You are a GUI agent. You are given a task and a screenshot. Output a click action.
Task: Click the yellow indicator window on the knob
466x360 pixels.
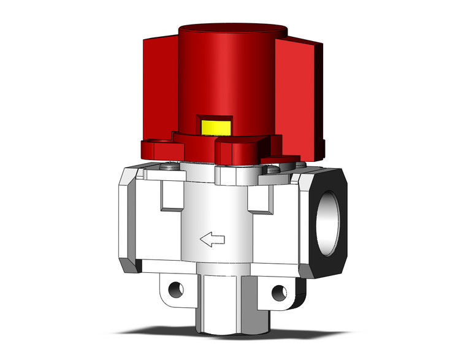click(x=216, y=127)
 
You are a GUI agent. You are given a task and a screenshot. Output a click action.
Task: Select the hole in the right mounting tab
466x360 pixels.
click(x=281, y=291)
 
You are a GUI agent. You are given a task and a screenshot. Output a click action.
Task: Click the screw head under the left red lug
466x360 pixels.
click(x=169, y=164)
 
